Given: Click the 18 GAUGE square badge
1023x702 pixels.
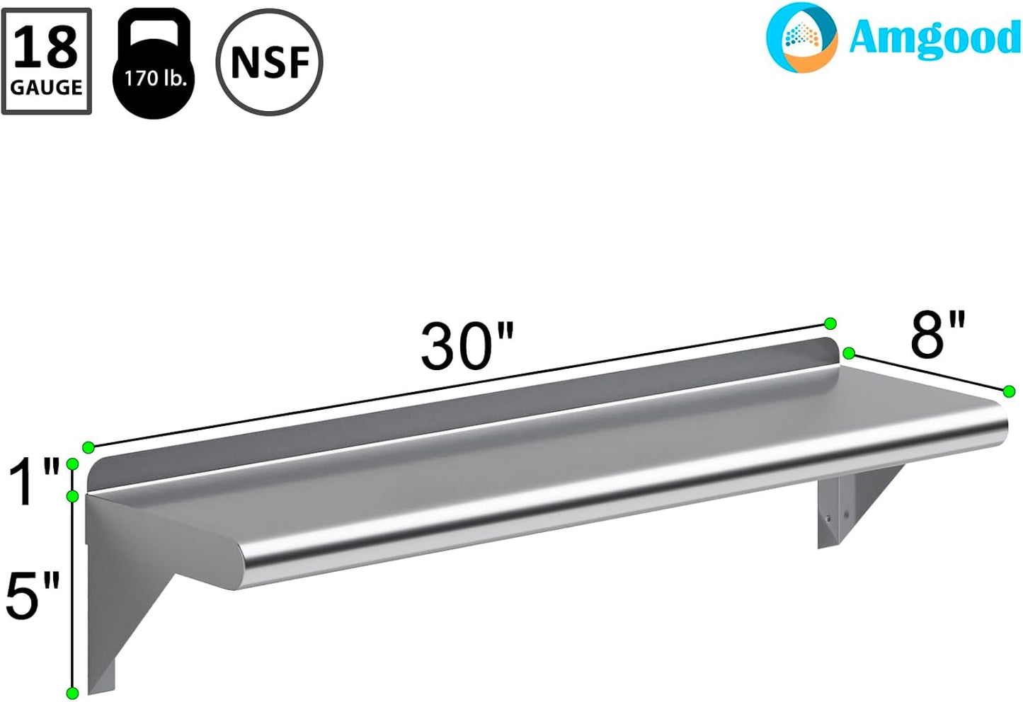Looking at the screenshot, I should tap(47, 62).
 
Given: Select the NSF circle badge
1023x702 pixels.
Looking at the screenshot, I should tap(269, 62).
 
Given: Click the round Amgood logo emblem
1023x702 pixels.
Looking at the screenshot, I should tap(801, 38).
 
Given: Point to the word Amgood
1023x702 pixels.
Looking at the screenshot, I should tap(934, 38).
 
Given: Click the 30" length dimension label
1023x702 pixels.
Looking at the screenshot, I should tap(467, 346).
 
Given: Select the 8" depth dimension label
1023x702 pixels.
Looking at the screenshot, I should tap(937, 334).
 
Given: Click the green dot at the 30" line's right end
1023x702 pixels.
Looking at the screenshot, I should tap(830, 323).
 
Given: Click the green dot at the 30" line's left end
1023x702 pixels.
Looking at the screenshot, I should tap(88, 447).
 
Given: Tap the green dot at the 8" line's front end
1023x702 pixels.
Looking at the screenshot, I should tap(1010, 391).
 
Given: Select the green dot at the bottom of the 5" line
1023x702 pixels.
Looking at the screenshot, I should tap(72, 692).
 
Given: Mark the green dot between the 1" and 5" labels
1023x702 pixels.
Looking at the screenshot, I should tap(72, 496).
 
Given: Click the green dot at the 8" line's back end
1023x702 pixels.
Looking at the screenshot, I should tap(849, 353).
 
